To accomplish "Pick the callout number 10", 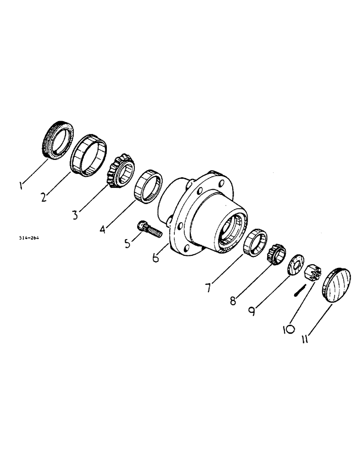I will (289, 329).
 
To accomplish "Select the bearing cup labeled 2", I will (89, 156).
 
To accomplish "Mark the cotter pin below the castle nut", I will (299, 291).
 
